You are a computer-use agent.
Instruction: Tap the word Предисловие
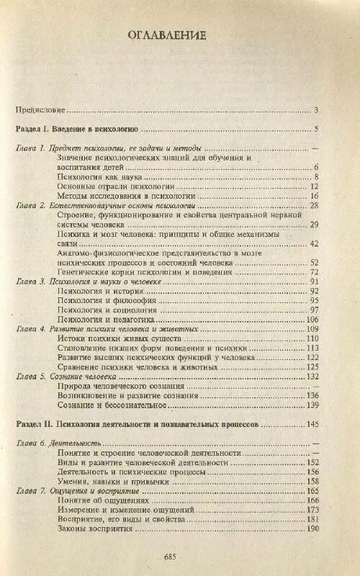coord(40,110)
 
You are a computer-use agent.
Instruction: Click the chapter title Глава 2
coord(97,206)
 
